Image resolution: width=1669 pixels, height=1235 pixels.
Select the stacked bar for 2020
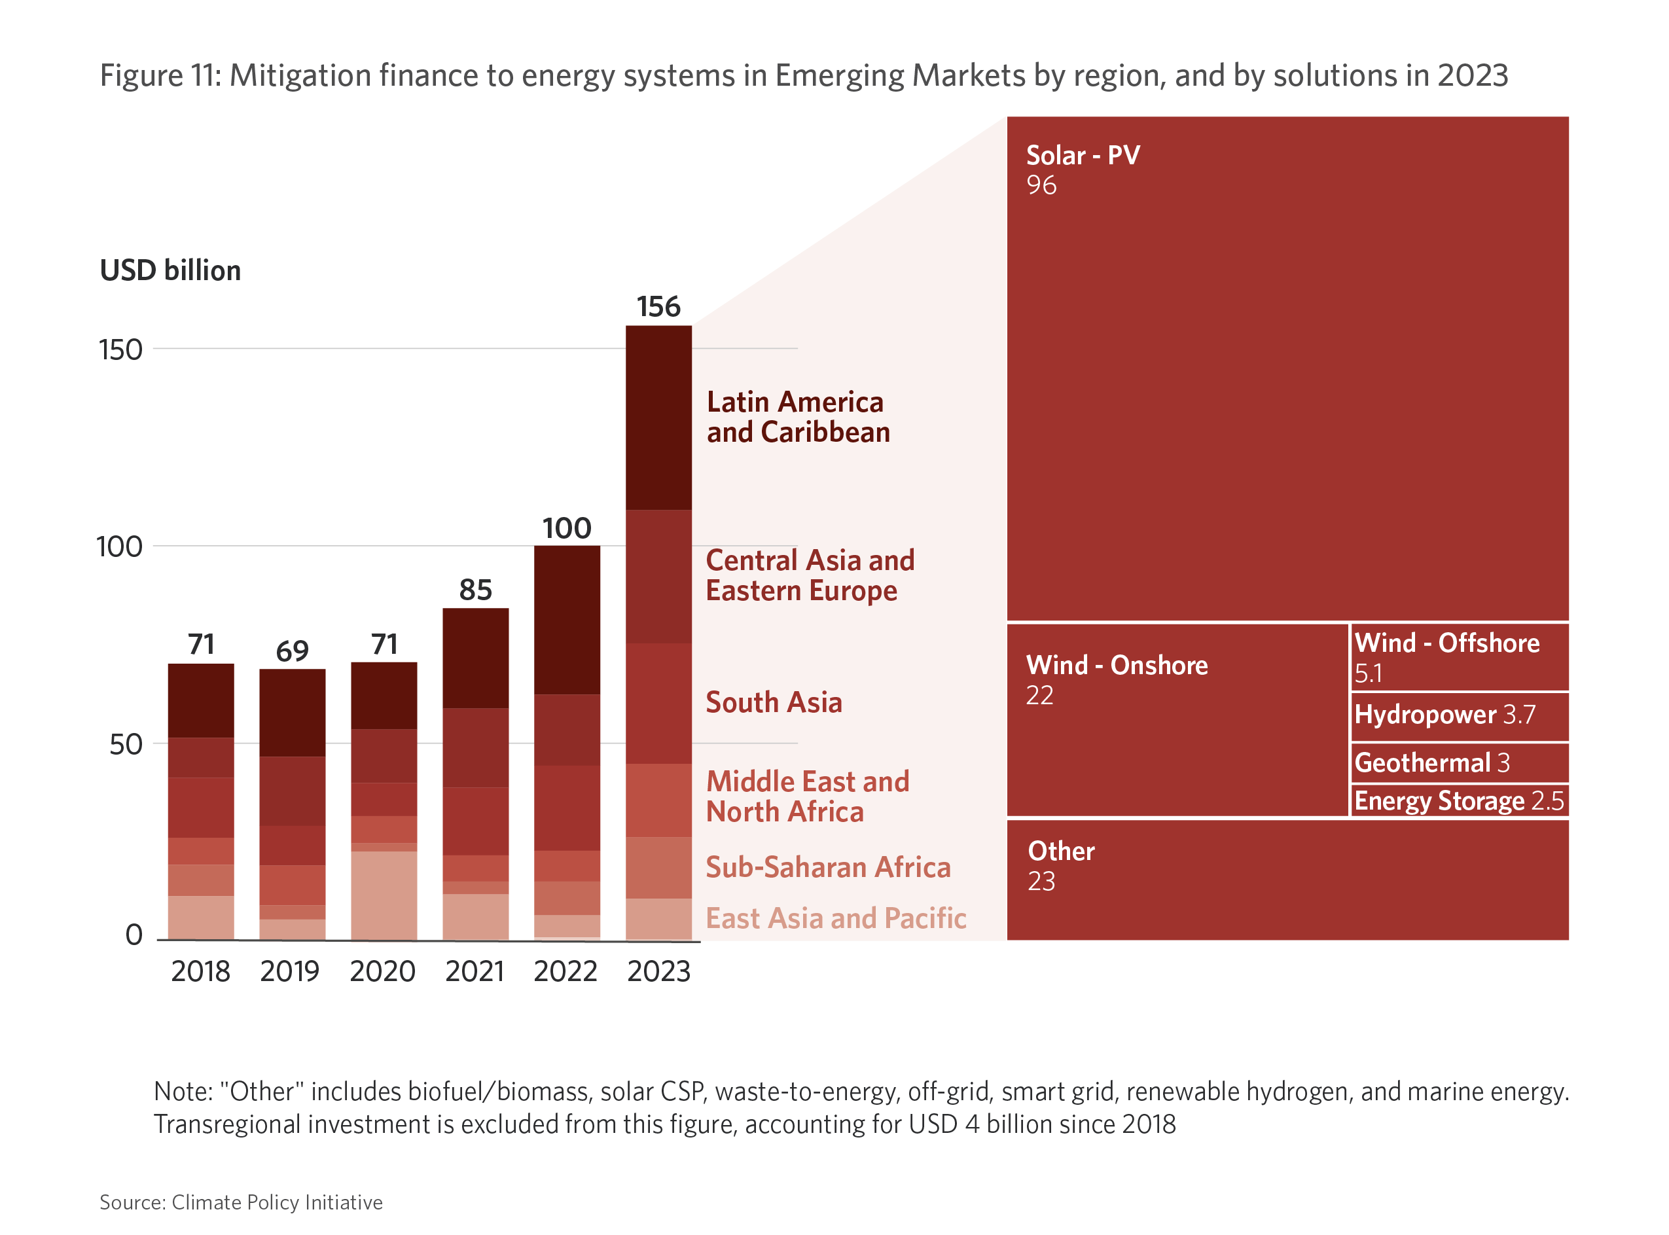[x=384, y=800]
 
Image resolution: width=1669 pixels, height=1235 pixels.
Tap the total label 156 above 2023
[x=658, y=306]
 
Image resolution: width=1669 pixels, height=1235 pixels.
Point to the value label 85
[x=475, y=590]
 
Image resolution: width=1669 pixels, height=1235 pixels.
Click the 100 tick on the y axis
[x=120, y=546]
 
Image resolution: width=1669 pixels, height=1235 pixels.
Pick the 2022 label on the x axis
[x=565, y=971]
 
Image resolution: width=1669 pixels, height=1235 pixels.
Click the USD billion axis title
[x=170, y=270]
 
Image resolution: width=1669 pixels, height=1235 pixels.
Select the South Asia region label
[x=774, y=702]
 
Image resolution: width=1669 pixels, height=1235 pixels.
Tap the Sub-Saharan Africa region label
[x=827, y=867]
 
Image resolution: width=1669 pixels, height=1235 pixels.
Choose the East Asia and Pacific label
[x=836, y=918]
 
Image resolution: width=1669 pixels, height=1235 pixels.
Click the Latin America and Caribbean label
[x=797, y=417]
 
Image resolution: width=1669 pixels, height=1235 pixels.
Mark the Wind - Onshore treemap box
[x=1177, y=719]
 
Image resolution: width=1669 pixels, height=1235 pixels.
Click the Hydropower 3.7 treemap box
[x=1459, y=716]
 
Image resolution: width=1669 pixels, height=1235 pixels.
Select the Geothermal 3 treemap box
[x=1459, y=762]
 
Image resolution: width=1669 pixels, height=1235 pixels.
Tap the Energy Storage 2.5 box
[x=1459, y=800]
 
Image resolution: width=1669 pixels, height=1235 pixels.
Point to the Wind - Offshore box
[x=1459, y=657]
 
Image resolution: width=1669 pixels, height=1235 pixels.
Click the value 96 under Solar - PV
[x=1041, y=185]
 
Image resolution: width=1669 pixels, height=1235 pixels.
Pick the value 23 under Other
[x=1041, y=882]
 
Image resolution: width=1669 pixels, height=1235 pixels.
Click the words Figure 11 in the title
[x=160, y=75]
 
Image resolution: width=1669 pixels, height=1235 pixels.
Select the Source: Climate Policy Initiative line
[x=241, y=1202]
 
